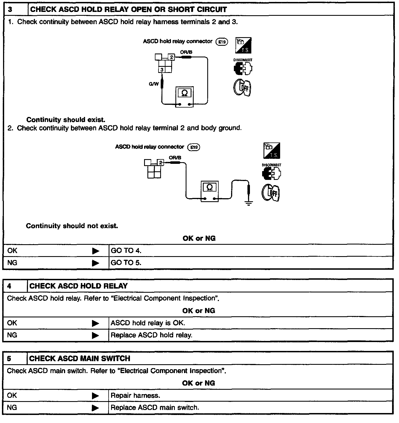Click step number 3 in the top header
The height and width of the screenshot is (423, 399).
click(10, 9)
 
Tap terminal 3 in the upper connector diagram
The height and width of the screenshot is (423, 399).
click(162, 70)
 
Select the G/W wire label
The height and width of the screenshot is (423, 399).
click(154, 84)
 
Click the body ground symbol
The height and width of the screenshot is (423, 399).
click(249, 203)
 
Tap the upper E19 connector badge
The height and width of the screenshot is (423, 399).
click(222, 42)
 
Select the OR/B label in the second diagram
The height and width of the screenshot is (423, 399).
click(175, 157)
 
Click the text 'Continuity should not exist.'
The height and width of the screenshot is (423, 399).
click(72, 226)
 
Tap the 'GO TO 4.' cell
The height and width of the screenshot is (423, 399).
click(126, 251)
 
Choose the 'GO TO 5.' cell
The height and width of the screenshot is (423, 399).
click(126, 263)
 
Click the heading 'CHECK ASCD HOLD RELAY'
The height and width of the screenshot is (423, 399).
click(78, 286)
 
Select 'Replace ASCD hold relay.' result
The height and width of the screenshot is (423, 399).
click(151, 335)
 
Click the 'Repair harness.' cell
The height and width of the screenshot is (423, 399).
click(135, 396)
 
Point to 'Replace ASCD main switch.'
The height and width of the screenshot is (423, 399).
click(155, 408)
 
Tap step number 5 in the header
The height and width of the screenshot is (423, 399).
click(9, 359)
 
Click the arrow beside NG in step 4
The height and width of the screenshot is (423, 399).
click(95, 335)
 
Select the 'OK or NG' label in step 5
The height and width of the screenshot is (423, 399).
click(198, 383)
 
